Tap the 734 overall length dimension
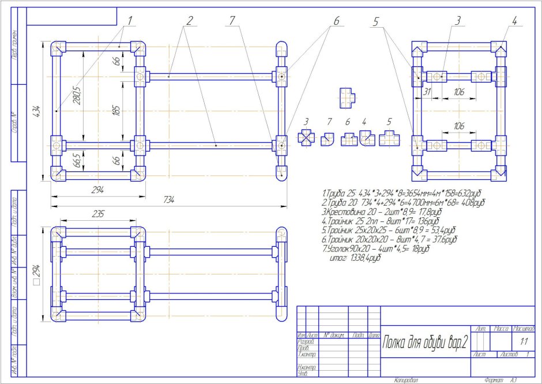coord(168,199)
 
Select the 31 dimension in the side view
coord(427,92)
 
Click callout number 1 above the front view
coord(130,20)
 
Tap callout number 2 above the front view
coord(189,20)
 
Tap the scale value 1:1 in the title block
coord(524,341)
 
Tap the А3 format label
coord(512,380)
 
